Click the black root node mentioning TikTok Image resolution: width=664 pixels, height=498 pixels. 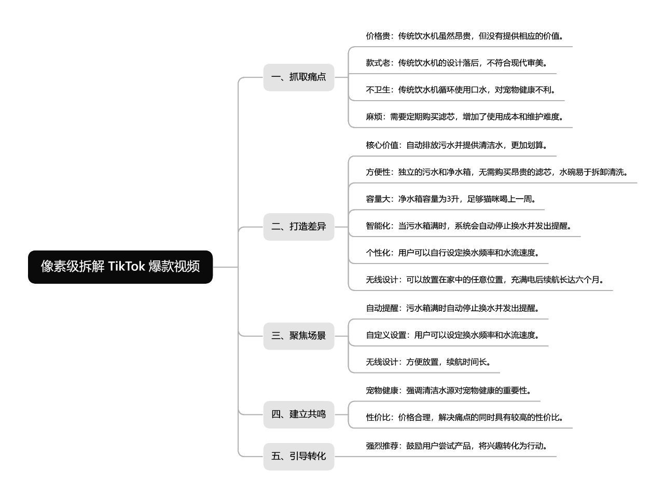click(120, 267)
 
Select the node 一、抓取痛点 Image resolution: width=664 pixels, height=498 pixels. click(299, 77)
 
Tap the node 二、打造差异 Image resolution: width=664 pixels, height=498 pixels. click(299, 227)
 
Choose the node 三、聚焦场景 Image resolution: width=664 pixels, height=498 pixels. click(299, 336)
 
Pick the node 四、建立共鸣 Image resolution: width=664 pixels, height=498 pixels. click(299, 414)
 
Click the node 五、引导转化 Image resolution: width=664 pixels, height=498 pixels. click(299, 457)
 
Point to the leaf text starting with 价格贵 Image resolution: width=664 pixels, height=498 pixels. click(464, 36)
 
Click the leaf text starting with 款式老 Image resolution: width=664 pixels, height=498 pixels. click(457, 63)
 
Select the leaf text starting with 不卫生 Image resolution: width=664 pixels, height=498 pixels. click(461, 90)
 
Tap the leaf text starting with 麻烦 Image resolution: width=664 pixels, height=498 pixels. click(464, 117)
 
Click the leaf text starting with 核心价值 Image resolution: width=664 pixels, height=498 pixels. click(457, 145)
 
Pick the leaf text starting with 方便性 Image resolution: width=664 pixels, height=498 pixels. click(497, 172)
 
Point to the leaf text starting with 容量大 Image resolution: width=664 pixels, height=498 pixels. click(451, 199)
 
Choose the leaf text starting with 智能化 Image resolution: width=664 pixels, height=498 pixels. click(468, 226)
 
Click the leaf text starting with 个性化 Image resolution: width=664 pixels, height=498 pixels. click(452, 253)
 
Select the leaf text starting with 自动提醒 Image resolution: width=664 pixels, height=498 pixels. click(452, 308)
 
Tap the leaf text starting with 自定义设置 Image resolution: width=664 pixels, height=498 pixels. click(452, 335)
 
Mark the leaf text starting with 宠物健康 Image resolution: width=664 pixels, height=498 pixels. click(448, 391)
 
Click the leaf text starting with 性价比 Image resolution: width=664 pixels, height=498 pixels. click(464, 418)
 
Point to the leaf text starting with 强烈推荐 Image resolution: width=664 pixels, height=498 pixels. click(457, 446)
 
